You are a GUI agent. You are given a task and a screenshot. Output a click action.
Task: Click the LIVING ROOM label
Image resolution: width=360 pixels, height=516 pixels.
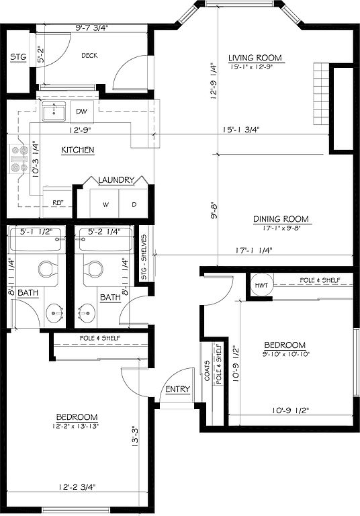pos(255,58)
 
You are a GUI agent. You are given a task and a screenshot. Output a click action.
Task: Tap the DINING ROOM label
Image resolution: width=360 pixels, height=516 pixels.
pos(281,219)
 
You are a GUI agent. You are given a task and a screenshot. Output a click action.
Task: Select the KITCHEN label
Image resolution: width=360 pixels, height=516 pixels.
pos(78,150)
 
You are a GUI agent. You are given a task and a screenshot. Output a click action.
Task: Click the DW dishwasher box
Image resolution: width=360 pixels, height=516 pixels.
pos(82,112)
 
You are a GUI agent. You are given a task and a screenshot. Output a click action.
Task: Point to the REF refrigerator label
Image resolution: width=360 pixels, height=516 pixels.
pos(58,203)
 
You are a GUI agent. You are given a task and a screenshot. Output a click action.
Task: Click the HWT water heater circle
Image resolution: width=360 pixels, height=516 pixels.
pos(261,286)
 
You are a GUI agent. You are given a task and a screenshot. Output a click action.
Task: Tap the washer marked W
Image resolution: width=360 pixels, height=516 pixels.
pos(105,204)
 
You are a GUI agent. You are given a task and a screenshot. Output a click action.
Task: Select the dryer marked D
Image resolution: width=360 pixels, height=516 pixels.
pos(133,204)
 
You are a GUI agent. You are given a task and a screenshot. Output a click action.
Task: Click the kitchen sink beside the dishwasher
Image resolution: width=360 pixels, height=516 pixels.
pos(54,111)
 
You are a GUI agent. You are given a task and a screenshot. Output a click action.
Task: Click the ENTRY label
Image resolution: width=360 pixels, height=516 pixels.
pos(178,389)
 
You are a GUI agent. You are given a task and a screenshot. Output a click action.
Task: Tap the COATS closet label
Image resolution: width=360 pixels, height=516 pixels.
pos(207,371)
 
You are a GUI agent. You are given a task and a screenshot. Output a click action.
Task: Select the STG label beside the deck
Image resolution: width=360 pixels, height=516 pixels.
pos(18,57)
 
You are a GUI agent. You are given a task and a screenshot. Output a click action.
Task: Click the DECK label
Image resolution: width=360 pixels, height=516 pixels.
pos(89,56)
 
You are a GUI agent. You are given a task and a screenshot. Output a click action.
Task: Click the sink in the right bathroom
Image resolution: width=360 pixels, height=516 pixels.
pos(87,312)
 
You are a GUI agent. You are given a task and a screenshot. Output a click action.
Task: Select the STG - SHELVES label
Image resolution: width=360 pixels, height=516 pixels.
pos(144,257)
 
